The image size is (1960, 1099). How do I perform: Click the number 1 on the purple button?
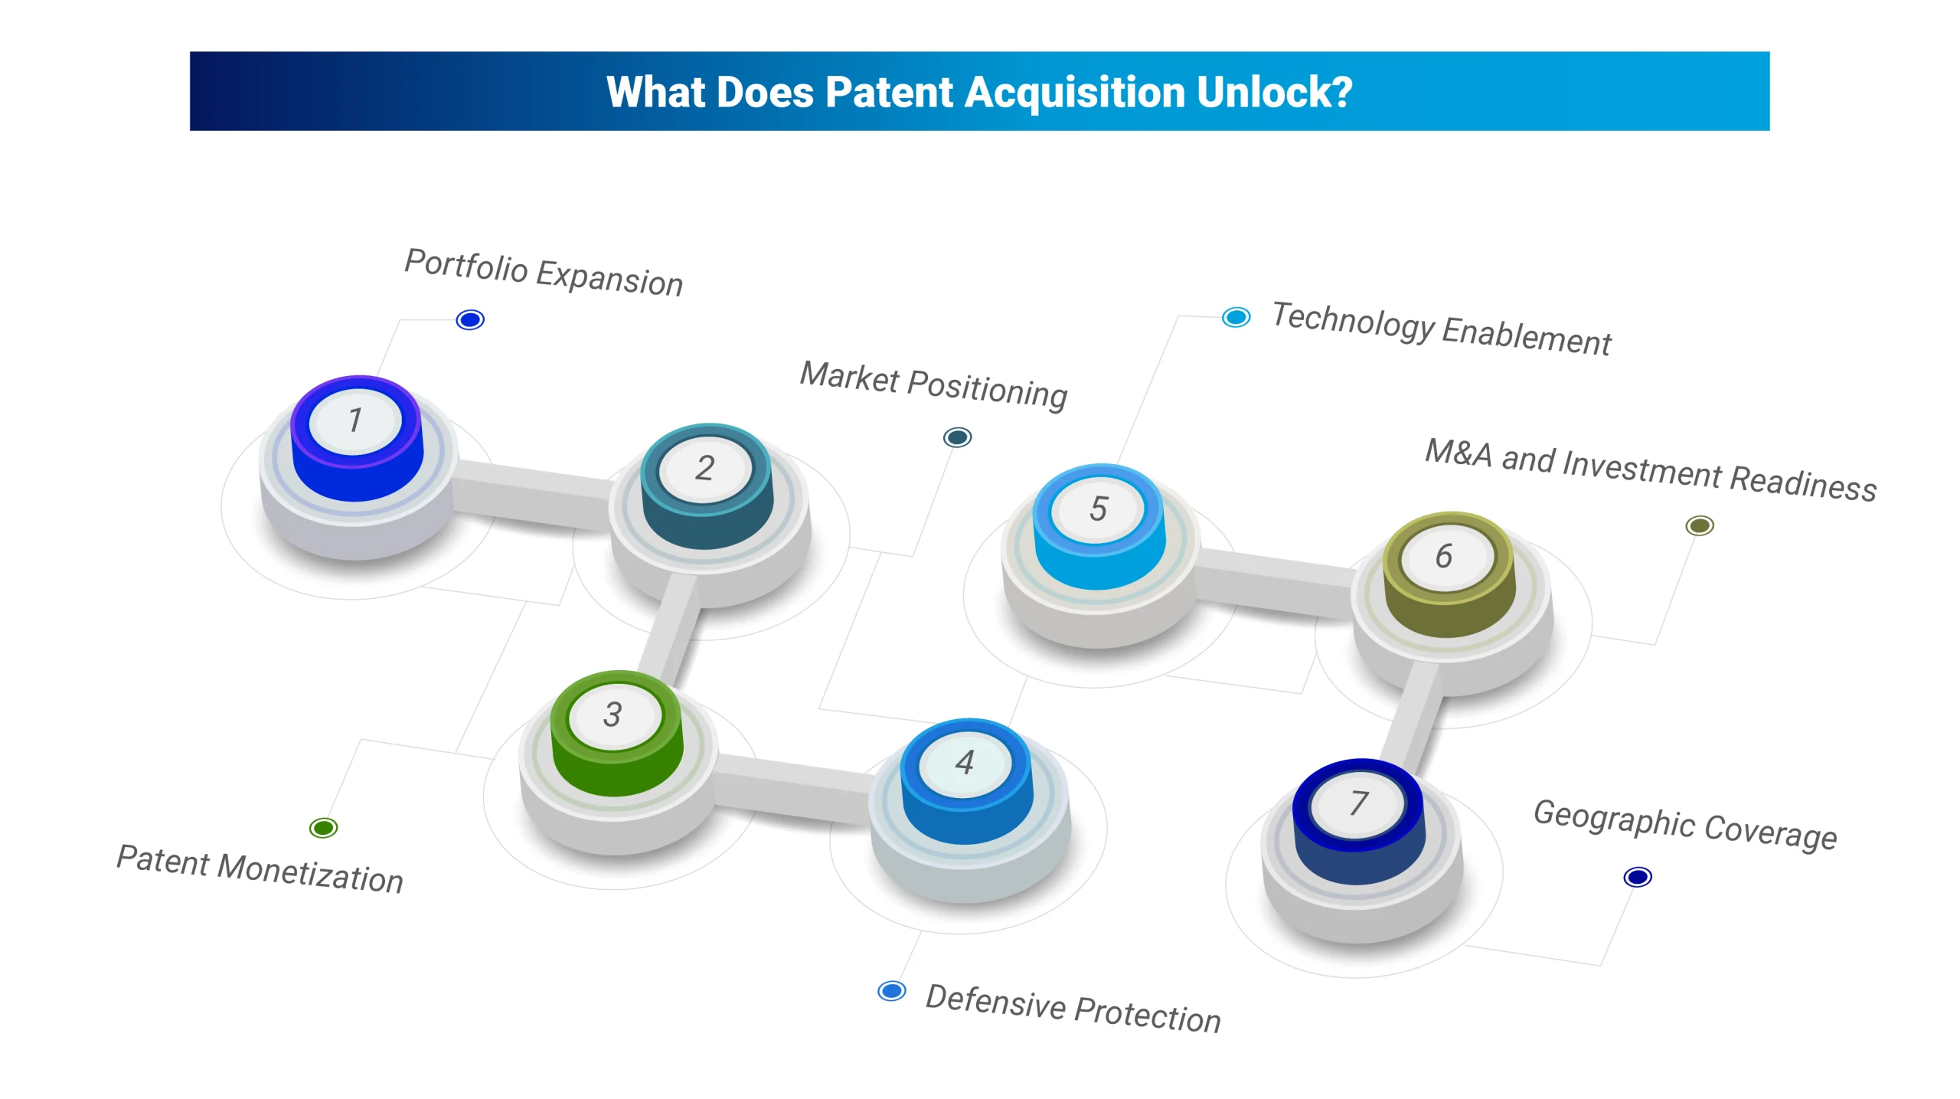(354, 420)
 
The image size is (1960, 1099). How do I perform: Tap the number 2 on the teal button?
(705, 468)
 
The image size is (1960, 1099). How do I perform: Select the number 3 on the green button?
(612, 715)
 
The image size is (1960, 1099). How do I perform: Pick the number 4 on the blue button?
(965, 762)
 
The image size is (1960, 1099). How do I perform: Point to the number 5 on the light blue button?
(1099, 509)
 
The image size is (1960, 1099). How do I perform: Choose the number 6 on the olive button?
(1444, 556)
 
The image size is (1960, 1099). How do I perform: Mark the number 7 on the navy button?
(1359, 803)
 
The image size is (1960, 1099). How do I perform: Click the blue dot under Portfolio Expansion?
(470, 319)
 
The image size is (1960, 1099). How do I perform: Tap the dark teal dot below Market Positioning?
(957, 437)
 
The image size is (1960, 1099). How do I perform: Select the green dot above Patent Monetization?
(323, 827)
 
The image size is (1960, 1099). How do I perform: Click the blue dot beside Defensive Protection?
(892, 991)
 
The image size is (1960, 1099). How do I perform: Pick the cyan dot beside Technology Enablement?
(1236, 316)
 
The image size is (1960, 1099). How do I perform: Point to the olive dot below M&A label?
(1700, 525)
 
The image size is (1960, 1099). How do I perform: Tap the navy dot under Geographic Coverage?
(1638, 876)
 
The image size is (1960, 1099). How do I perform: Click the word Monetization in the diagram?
(310, 873)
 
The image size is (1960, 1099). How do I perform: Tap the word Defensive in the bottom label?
(995, 1002)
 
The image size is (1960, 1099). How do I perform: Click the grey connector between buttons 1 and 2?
(532, 495)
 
